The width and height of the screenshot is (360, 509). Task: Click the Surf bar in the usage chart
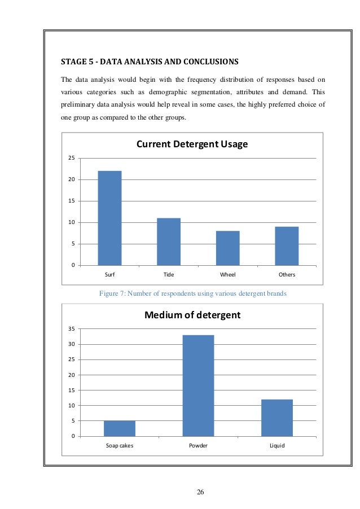coord(109,218)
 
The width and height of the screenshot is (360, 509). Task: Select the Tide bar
coord(168,242)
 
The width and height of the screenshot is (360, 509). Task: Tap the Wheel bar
coord(227,248)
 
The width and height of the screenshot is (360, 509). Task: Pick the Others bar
coord(287,246)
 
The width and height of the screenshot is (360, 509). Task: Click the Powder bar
coord(198,385)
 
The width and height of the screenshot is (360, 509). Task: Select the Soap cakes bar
coord(119,428)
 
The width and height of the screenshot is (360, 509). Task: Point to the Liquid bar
coord(277,418)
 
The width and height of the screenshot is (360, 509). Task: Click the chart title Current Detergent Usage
coord(192,144)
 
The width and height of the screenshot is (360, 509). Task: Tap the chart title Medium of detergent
coord(192,315)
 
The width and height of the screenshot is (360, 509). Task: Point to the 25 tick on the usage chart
coord(72,158)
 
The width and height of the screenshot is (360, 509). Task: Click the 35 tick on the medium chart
coord(72,329)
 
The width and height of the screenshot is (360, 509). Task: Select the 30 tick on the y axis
coord(72,344)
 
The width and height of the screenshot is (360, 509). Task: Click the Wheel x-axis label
coord(227,275)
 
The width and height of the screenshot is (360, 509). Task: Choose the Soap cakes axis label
coord(119,445)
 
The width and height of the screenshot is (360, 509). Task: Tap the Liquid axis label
coord(277,445)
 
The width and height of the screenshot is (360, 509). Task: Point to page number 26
coord(200,492)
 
